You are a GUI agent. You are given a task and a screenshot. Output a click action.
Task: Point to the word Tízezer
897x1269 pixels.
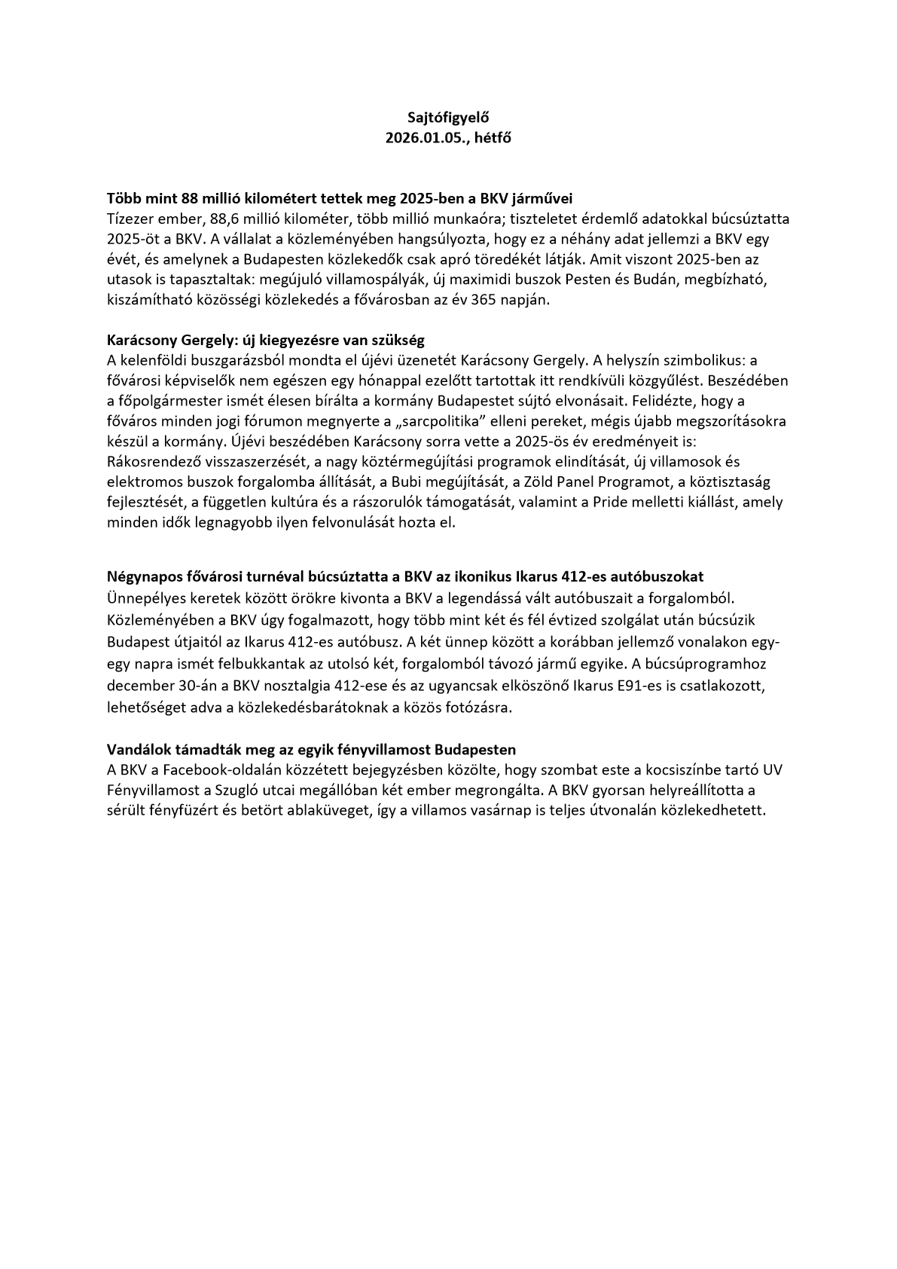click(130, 219)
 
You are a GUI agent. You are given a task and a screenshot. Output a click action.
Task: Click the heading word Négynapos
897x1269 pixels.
click(143, 577)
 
